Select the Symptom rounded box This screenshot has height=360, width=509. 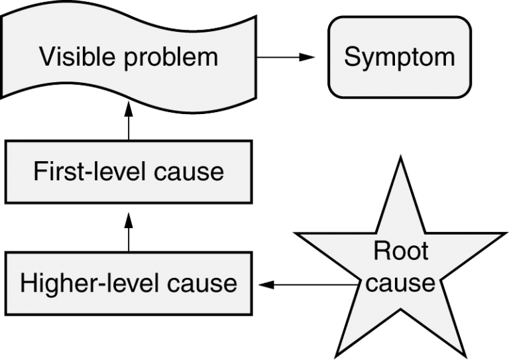coord(400,57)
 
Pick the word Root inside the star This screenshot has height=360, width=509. coord(402,251)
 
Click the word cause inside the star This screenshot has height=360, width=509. coord(401,283)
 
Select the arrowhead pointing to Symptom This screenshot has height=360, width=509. coord(307,58)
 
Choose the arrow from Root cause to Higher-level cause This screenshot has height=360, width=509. coord(305,285)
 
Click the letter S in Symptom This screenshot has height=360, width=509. coord(352,56)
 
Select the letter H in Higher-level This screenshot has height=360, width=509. coord(28,283)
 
